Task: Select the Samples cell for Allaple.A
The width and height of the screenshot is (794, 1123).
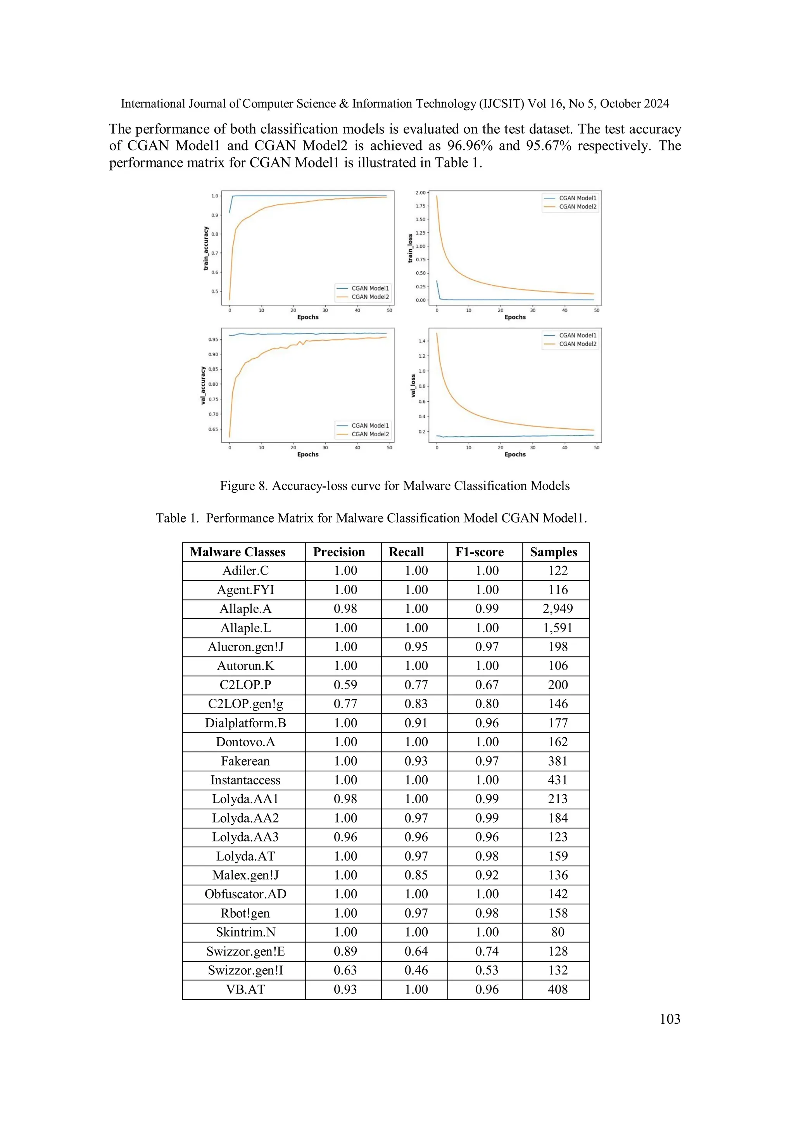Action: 558,609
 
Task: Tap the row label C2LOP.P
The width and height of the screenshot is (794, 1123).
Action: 245,685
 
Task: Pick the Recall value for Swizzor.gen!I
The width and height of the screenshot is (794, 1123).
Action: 416,970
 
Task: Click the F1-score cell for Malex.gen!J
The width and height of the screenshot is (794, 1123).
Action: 487,875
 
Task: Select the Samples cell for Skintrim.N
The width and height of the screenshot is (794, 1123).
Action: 558,932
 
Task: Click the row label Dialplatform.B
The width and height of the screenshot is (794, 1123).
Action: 245,723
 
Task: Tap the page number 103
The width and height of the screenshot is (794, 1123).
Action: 670,1019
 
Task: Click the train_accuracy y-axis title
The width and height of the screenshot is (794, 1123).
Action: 206,248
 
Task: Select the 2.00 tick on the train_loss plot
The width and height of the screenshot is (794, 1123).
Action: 420,193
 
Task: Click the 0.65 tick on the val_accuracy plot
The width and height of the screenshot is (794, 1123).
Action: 213,429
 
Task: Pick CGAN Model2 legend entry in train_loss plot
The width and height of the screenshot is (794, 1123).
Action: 577,206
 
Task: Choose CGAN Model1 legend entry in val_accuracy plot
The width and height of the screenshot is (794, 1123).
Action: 370,426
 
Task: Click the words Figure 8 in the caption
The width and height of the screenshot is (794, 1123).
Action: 243,486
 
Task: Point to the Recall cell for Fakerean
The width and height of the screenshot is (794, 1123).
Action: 416,761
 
